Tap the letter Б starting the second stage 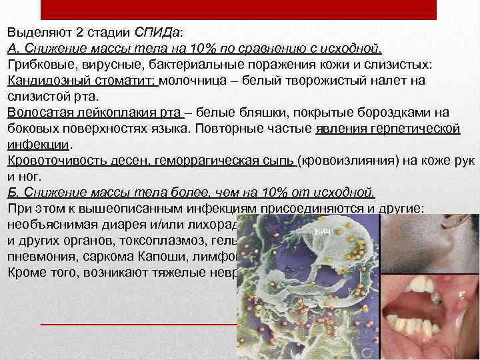[12, 193]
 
